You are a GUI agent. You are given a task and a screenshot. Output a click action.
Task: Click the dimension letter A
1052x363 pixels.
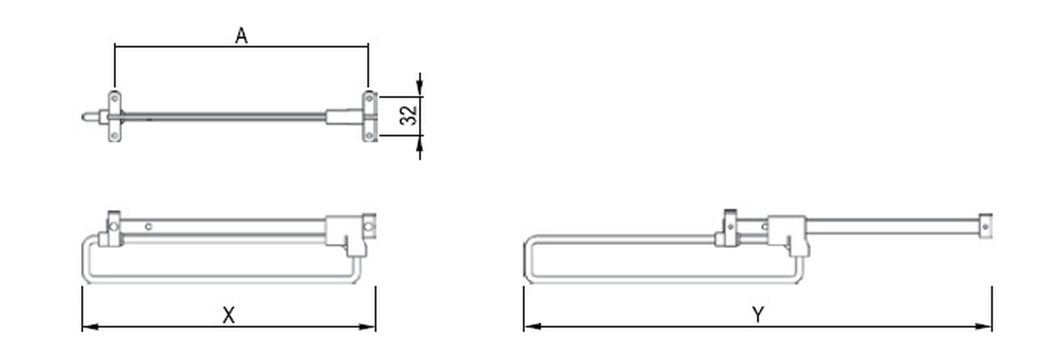point(241,36)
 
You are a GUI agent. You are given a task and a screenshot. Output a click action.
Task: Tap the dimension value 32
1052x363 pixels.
point(409,116)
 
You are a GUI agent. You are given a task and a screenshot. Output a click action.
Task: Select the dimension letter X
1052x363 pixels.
point(228,316)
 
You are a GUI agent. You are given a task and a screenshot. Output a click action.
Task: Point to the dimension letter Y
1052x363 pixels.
point(757,315)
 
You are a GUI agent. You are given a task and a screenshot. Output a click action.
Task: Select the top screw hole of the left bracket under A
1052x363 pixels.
point(115,98)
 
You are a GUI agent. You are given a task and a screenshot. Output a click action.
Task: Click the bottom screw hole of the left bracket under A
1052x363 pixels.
point(115,136)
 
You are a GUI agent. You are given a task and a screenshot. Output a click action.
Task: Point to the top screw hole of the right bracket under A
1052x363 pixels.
point(369,98)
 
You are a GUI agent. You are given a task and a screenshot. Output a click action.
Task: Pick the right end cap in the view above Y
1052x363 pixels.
point(985,226)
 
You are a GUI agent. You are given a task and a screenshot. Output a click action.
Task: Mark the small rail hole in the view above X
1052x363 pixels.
point(149,227)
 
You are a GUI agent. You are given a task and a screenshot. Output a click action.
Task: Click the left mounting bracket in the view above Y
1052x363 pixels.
point(730,227)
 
